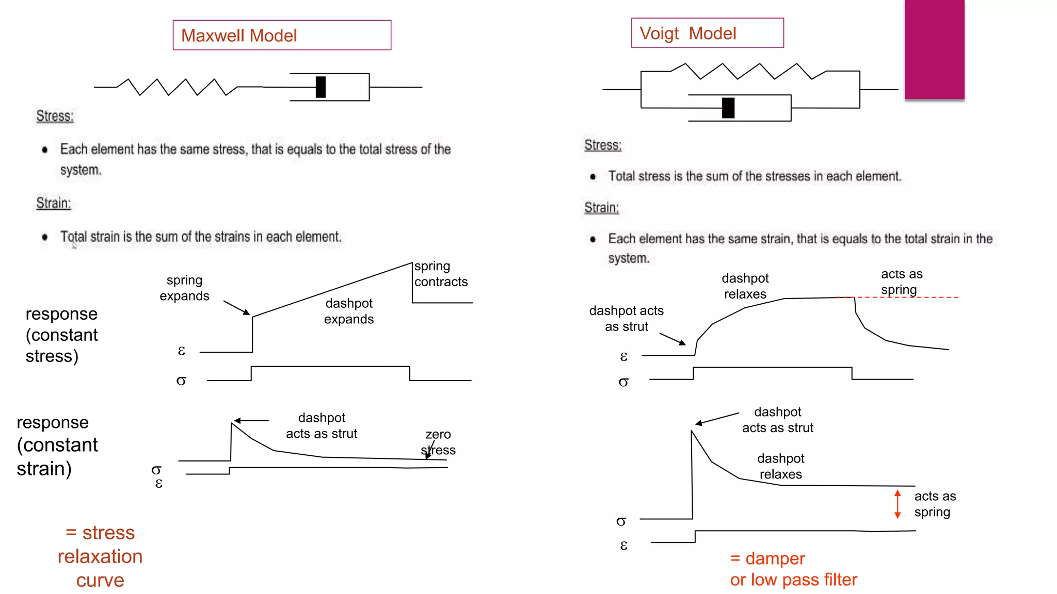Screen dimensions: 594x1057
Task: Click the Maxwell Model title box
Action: pos(282,35)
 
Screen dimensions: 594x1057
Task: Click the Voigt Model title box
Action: pos(707,33)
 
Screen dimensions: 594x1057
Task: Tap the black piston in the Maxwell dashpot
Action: pos(321,87)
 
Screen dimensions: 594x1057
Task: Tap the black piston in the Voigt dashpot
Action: pos(728,108)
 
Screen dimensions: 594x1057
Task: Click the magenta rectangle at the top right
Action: pos(934,49)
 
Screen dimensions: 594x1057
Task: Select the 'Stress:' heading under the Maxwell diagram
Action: pos(55,116)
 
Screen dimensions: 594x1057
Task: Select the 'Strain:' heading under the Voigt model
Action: pos(601,208)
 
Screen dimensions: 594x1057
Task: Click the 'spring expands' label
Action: pos(184,288)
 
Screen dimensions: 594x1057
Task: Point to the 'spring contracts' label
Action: pos(441,274)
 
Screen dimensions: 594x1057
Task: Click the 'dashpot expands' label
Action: pos(349,311)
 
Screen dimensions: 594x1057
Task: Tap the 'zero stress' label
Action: pos(438,442)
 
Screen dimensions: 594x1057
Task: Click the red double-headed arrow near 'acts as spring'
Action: pos(898,504)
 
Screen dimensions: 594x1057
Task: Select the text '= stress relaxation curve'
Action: pos(100,556)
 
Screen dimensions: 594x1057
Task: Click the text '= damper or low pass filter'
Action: pos(793,569)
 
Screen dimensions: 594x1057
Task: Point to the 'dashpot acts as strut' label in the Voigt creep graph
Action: pos(626,318)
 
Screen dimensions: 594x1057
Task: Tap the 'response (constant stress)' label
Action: pos(61,335)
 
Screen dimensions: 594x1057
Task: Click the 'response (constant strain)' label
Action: pos(57,445)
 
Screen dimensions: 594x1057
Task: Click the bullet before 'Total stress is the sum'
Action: pos(593,176)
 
